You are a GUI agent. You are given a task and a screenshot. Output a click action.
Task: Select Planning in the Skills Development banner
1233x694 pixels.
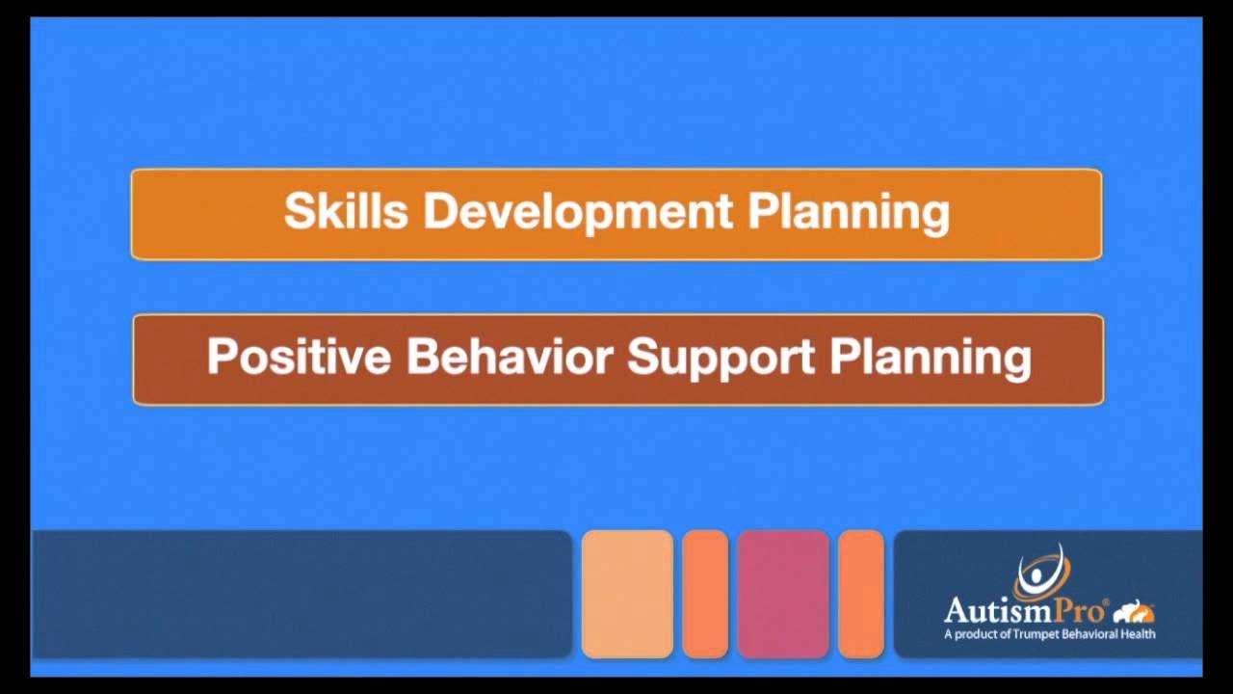coord(849,212)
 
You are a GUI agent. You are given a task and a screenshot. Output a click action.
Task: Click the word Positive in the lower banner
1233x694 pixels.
coord(299,357)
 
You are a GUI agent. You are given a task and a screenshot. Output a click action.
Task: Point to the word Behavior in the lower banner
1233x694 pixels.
coord(510,357)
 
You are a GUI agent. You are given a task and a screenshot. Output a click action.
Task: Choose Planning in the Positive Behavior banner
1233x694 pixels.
coord(931,358)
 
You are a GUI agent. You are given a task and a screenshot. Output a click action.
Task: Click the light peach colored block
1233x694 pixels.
coord(627,594)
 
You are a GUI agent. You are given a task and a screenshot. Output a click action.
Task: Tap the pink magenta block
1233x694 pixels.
coord(783,594)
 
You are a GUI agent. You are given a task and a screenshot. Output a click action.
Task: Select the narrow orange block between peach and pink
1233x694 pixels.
coord(705,594)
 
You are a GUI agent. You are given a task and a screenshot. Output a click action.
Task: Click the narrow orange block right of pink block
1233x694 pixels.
coord(861,594)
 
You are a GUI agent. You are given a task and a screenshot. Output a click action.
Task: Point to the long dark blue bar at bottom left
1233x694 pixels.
coord(302,594)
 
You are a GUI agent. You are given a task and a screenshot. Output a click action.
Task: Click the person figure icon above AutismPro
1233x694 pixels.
coord(1040,575)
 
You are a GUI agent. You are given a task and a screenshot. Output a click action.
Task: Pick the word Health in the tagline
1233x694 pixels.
coord(1138,634)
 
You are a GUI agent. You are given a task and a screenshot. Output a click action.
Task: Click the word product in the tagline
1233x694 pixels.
coord(980,634)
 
